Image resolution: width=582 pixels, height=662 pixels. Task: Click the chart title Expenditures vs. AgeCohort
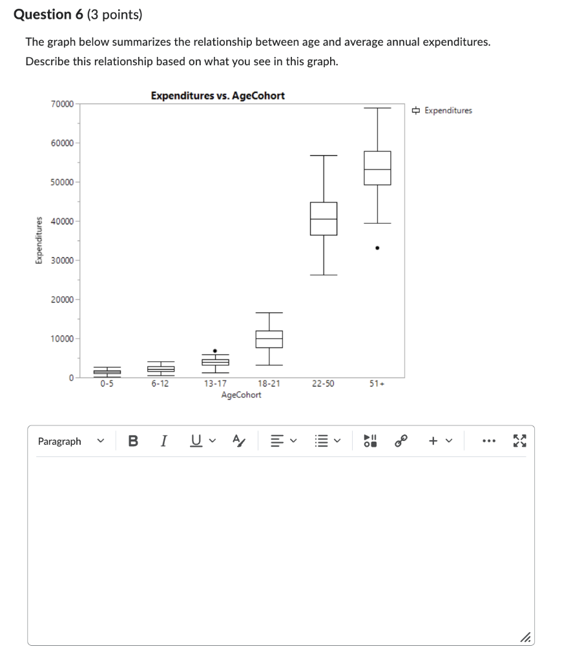[218, 96]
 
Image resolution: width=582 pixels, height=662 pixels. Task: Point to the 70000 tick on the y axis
[62, 103]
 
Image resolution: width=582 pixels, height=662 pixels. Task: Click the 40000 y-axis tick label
[62, 221]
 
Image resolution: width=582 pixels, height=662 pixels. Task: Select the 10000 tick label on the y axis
[62, 339]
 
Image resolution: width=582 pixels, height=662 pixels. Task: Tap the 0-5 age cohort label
[107, 383]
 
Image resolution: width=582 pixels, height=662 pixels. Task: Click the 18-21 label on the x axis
[269, 383]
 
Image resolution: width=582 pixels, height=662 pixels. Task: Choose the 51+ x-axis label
[377, 383]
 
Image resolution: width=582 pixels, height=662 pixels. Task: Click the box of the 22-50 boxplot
[323, 219]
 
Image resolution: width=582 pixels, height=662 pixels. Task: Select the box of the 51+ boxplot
[377, 168]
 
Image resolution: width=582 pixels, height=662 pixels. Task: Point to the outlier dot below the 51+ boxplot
[377, 248]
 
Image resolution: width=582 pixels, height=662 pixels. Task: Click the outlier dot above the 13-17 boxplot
[215, 350]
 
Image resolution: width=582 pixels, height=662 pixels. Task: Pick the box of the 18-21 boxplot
[269, 339]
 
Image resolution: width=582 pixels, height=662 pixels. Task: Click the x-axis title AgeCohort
[241, 395]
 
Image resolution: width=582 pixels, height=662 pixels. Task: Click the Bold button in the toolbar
[133, 442]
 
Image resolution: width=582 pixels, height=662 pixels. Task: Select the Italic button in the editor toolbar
[164, 442]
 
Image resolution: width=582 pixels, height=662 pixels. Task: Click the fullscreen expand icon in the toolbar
[519, 442]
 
